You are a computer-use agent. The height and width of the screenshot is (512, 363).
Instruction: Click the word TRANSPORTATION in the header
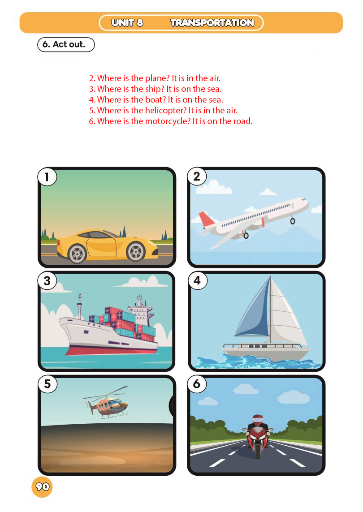point(212,22)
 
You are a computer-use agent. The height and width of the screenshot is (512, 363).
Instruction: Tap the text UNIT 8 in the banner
point(127,22)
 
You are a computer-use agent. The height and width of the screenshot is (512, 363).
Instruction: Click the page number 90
point(42,487)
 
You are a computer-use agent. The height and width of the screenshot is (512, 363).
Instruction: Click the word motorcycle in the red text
point(168,121)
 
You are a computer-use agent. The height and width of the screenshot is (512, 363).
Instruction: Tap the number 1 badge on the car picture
point(47,176)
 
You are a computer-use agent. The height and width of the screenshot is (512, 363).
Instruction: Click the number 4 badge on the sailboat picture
point(197,280)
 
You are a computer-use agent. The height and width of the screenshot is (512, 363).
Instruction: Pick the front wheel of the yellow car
point(136,252)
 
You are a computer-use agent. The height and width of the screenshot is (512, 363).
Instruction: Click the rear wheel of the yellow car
point(77,254)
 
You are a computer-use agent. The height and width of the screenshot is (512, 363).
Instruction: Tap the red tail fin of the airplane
point(206,219)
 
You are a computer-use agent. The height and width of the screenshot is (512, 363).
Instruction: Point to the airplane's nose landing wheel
point(293,221)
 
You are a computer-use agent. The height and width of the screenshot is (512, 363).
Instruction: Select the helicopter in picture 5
point(107,403)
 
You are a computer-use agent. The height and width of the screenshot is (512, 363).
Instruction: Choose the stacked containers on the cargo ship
point(124,323)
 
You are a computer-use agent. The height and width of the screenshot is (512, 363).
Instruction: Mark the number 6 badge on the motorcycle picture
point(197,384)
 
